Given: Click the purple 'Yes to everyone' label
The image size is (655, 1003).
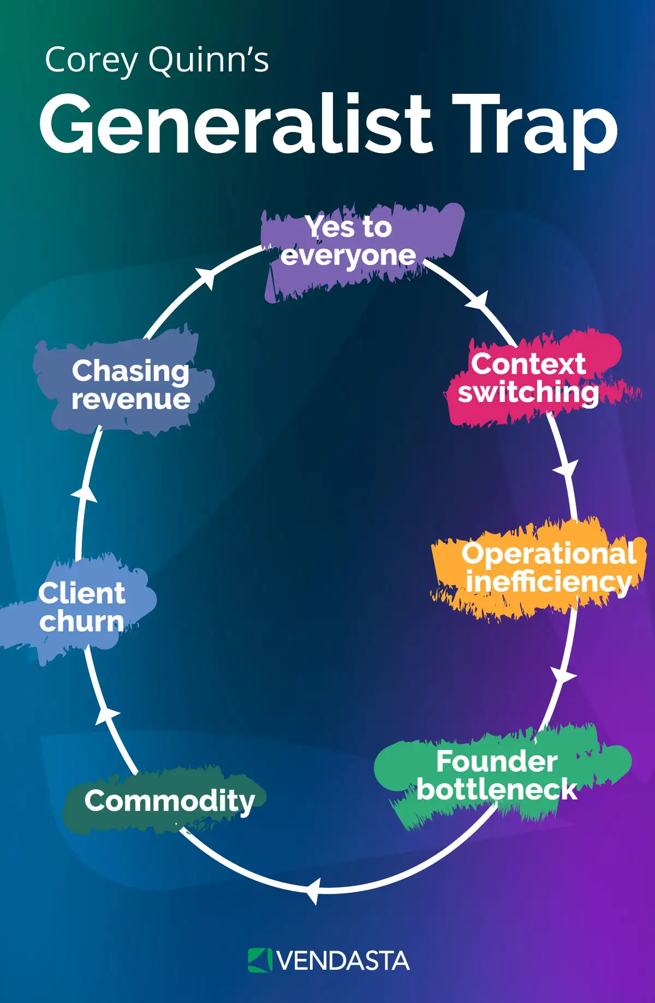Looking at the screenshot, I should [x=349, y=241].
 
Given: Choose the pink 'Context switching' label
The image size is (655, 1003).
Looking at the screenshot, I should [x=528, y=378].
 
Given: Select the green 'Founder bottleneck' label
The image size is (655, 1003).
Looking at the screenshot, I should [x=497, y=775].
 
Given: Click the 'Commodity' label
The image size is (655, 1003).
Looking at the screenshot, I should [x=169, y=801].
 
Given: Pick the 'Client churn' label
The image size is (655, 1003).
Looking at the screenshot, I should [x=82, y=607].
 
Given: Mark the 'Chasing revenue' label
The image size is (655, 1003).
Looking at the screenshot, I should [x=131, y=385].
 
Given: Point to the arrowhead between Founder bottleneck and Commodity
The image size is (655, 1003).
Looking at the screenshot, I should [x=312, y=891].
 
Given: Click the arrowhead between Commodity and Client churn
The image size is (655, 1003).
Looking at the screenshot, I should [x=107, y=715].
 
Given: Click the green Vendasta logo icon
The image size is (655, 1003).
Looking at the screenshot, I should [x=260, y=960].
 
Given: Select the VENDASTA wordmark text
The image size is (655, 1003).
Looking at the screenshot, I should [x=343, y=961].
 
